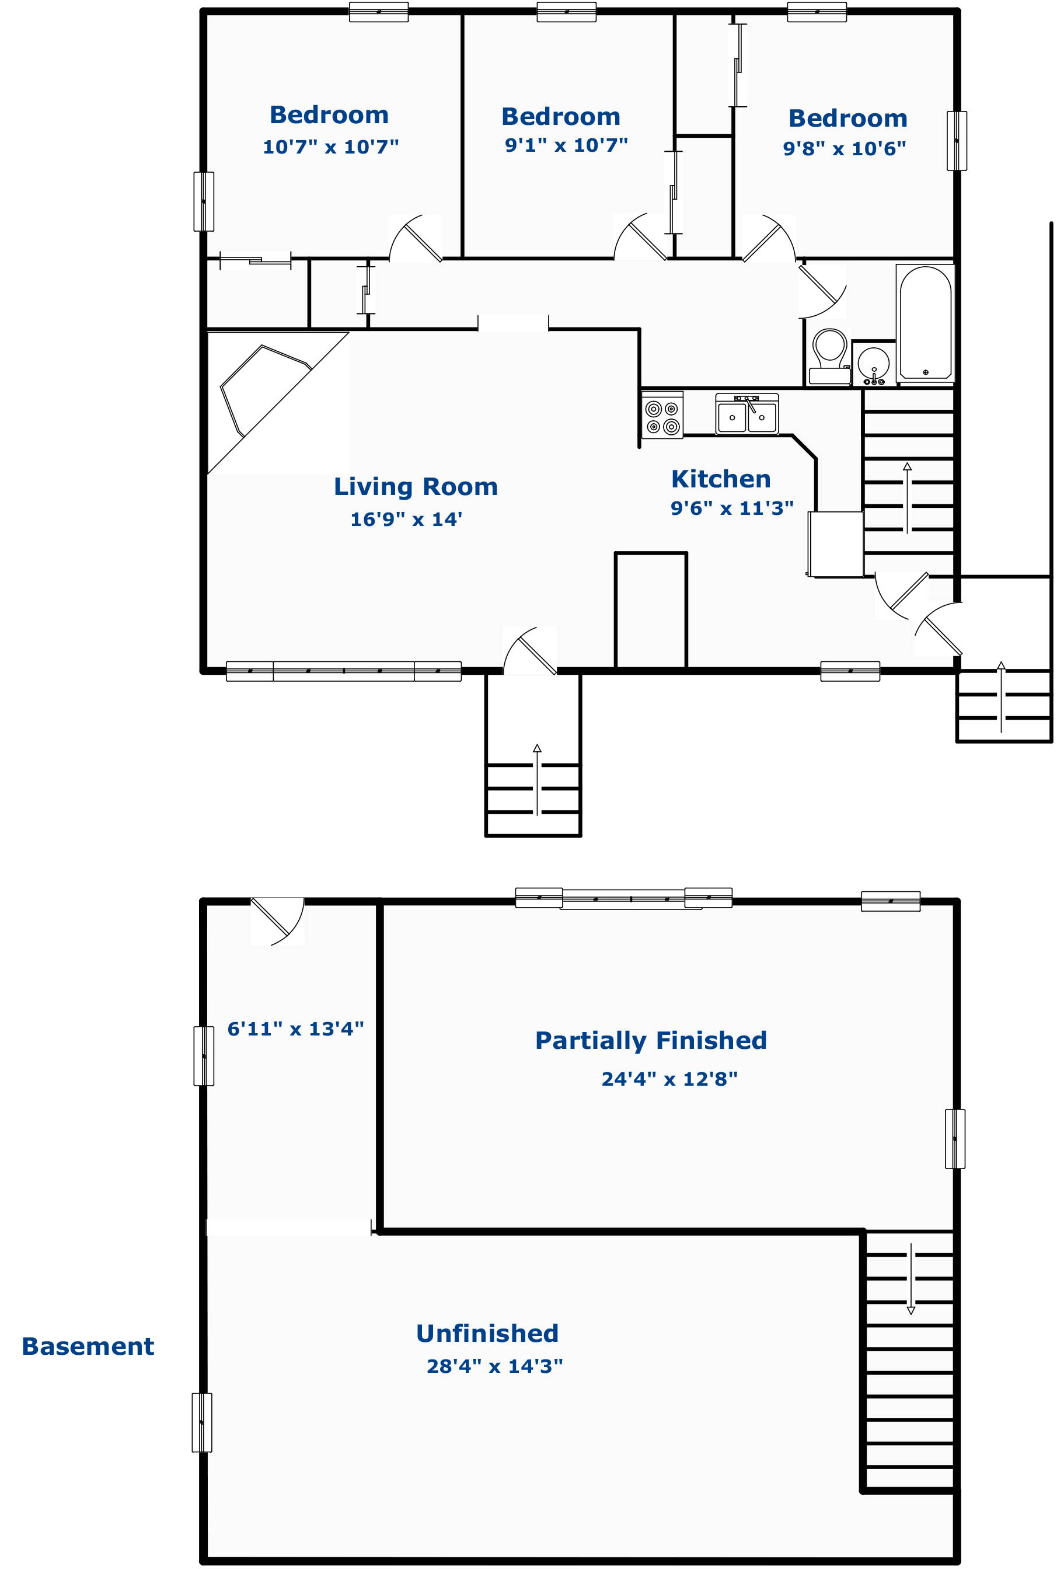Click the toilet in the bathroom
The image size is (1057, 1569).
coord(830,357)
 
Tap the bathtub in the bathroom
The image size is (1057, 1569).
coord(925,323)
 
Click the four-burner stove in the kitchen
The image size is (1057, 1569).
coord(662,415)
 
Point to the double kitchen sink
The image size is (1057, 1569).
coord(747,414)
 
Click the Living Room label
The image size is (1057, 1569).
coord(416,487)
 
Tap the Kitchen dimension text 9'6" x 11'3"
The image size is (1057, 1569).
coord(731,508)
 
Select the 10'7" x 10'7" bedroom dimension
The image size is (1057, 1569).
coord(330,147)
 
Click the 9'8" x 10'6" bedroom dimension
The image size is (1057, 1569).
coord(844,148)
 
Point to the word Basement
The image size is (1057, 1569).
coord(88,1347)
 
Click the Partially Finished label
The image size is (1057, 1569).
coord(651,1041)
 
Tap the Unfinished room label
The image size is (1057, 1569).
coord(487,1334)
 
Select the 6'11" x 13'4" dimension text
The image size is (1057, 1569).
coord(295,1029)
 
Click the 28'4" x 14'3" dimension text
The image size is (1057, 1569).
coord(495,1366)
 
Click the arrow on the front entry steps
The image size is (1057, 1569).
coord(538,779)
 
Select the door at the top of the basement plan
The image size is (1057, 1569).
coord(278,921)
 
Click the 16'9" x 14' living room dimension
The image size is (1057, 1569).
coord(406,519)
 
